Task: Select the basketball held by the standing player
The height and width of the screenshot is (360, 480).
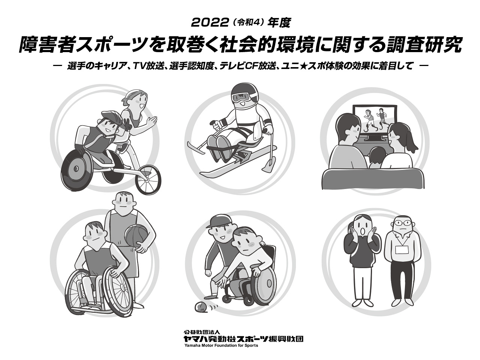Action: [136, 237]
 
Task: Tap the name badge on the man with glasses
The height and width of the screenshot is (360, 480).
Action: [402, 249]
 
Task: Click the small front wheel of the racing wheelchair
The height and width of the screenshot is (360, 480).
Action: [148, 180]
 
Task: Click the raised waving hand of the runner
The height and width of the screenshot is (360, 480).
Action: [151, 121]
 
